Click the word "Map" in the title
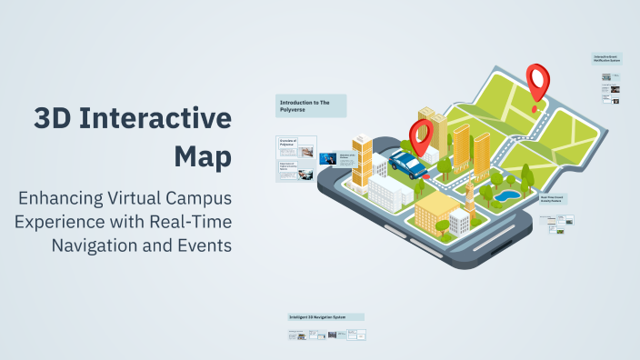(203, 155)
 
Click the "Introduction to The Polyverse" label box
(311, 106)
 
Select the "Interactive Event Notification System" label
(606, 59)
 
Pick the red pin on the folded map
(538, 79)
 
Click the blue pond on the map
(508, 195)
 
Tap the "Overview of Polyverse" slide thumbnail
(296, 144)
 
